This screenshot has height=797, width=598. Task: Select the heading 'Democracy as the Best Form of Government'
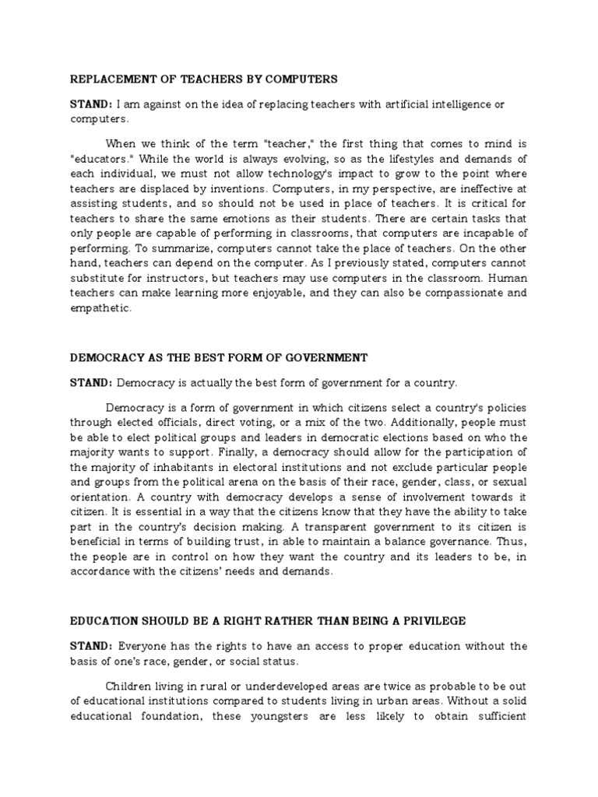coord(219,357)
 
